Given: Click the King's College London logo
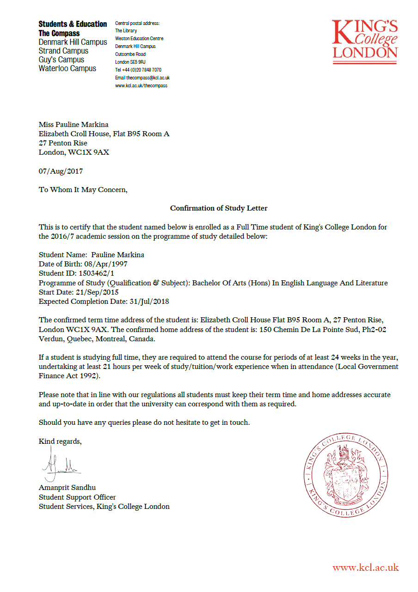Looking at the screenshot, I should pos(365,40).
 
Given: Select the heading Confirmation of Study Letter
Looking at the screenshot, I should pos(219,208).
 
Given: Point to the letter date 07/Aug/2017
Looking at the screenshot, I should pos(61,171).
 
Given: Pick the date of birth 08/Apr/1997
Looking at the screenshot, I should pos(105,264).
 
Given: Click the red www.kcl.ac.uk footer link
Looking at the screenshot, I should pos(365,568).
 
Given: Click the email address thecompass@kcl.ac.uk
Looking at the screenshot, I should pos(148,78).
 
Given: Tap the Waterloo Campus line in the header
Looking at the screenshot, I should pos(68,69).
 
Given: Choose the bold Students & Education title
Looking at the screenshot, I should pos(73,24).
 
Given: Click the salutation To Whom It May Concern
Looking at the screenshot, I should pos(83,190).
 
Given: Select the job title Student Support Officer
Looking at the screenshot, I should pos(77,497).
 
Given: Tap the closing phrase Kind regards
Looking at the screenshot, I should pos(60,441).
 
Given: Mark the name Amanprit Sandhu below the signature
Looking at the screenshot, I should pos(67,488).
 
